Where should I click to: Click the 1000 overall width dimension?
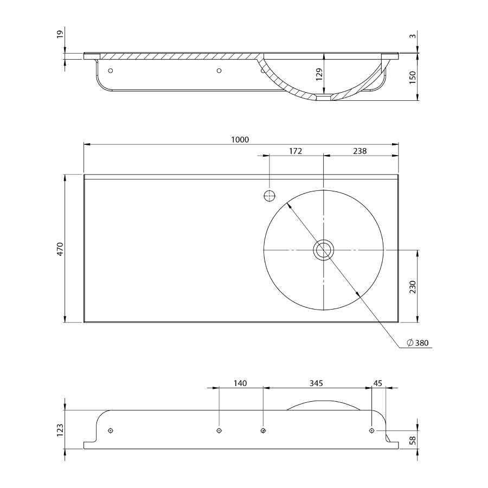[x=240, y=139]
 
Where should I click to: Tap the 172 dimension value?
[x=295, y=151]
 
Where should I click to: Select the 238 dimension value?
[x=359, y=151]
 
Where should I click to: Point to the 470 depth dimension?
[x=61, y=249]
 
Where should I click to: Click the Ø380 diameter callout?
[x=418, y=343]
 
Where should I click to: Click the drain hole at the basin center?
[x=323, y=250]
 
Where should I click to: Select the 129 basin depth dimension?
[x=319, y=74]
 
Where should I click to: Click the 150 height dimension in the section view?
[x=413, y=78]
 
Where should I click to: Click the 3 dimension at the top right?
[x=413, y=36]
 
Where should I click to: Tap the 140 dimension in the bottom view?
[x=240, y=383]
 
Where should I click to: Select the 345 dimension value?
[x=316, y=383]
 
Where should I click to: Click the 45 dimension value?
[x=378, y=383]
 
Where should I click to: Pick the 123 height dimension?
[x=61, y=429]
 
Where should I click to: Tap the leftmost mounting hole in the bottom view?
[x=111, y=431]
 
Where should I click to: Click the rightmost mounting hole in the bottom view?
[x=371, y=431]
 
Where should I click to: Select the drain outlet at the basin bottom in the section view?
[x=323, y=98]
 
